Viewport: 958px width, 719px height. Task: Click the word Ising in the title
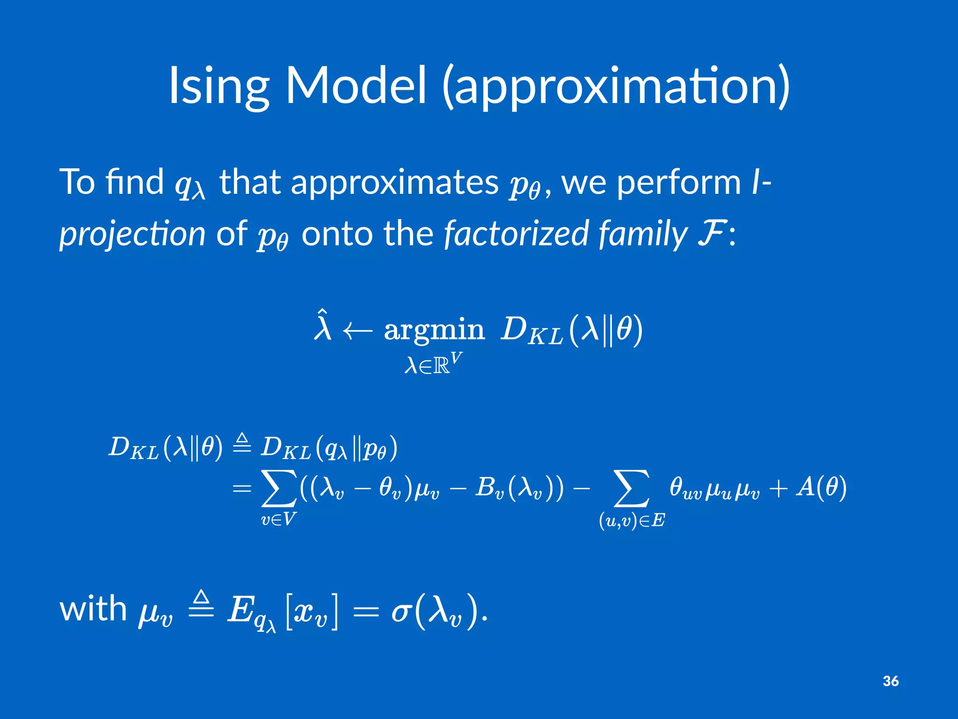coord(218,87)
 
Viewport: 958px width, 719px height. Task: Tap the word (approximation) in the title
coord(616,87)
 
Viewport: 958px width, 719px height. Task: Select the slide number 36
coord(890,681)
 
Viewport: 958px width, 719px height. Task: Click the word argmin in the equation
coord(434,330)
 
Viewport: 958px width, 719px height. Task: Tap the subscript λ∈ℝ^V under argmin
coord(433,364)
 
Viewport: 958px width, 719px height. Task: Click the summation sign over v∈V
coord(279,489)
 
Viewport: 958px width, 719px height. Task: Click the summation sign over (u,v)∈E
coord(631,489)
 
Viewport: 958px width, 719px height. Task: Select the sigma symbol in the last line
coord(401,611)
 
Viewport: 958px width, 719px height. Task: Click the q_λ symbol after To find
coord(189,185)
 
